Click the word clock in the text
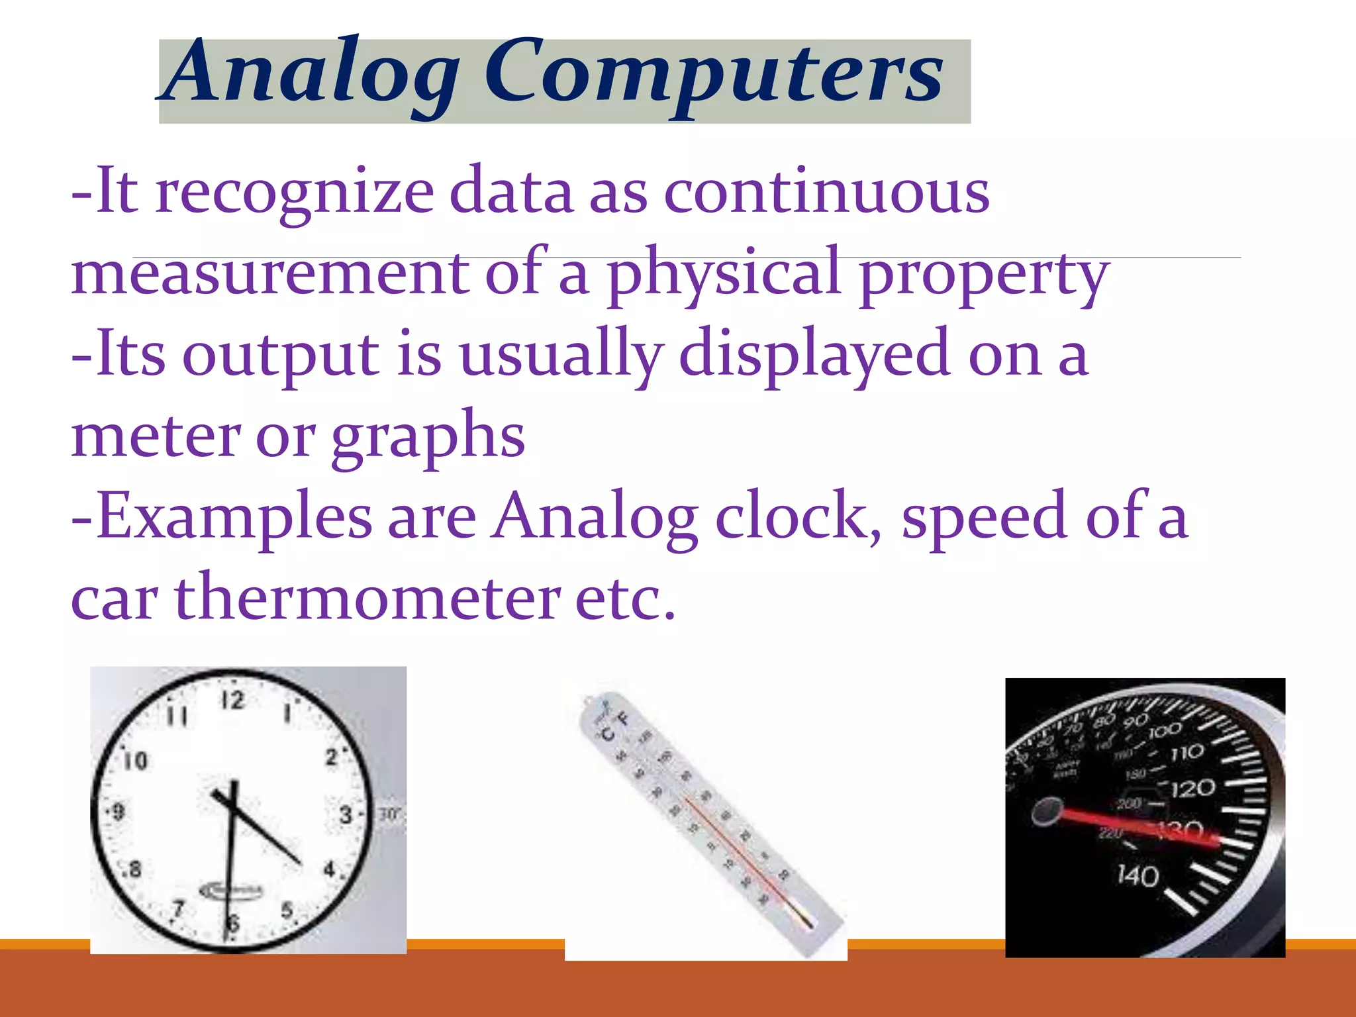(x=798, y=517)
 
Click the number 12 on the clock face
(x=232, y=700)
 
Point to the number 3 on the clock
(x=346, y=814)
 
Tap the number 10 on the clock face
(x=136, y=760)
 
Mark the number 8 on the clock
(x=134, y=868)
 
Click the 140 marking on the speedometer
(x=1138, y=876)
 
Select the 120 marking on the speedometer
(x=1192, y=789)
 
